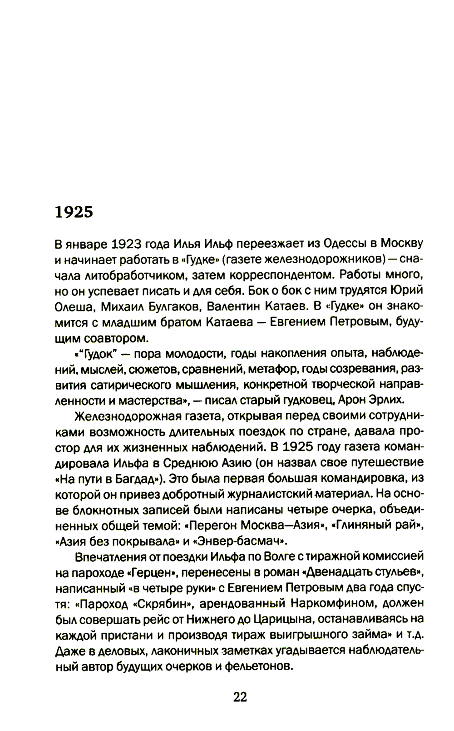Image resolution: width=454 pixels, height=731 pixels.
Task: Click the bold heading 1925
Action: click(74, 211)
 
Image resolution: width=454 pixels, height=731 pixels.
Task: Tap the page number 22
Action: click(240, 697)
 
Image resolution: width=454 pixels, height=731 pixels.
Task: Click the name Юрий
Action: click(408, 290)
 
